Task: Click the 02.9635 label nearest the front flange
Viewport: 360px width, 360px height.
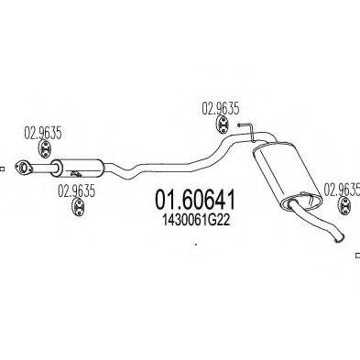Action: (42, 130)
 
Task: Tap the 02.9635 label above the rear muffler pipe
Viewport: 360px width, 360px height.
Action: (220, 107)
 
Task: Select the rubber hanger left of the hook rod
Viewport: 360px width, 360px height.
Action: (220, 127)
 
